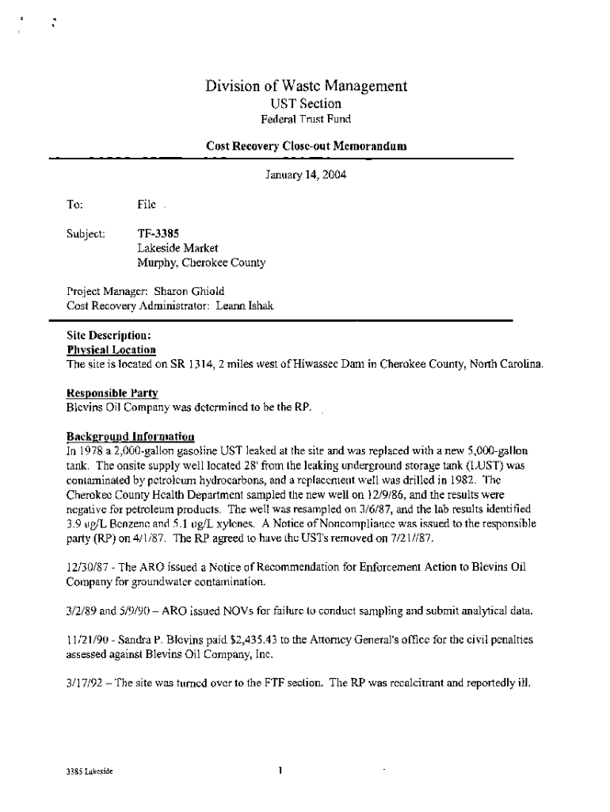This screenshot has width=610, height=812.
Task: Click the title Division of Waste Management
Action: tap(307, 86)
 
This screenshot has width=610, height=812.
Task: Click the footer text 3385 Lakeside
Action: tap(90, 771)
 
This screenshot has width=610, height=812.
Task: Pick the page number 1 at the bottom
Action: tap(281, 770)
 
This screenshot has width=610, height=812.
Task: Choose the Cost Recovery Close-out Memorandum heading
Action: tap(307, 147)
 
